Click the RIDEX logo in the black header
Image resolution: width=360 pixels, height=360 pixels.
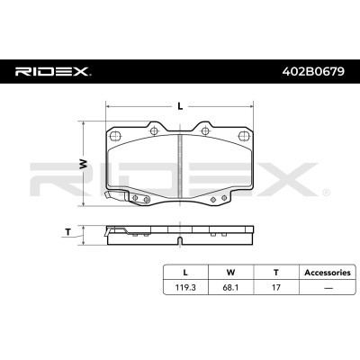(x=52, y=70)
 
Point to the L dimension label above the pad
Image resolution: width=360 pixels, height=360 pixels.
(x=180, y=104)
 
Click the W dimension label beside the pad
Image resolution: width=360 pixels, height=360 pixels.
(x=82, y=164)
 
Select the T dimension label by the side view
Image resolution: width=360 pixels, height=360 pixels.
(x=69, y=232)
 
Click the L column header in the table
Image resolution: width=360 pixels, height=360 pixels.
(x=185, y=270)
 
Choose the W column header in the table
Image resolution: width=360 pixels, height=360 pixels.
(x=229, y=270)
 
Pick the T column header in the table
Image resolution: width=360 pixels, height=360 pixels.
(x=274, y=270)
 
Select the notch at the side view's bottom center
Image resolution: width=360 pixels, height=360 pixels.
(x=181, y=241)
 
